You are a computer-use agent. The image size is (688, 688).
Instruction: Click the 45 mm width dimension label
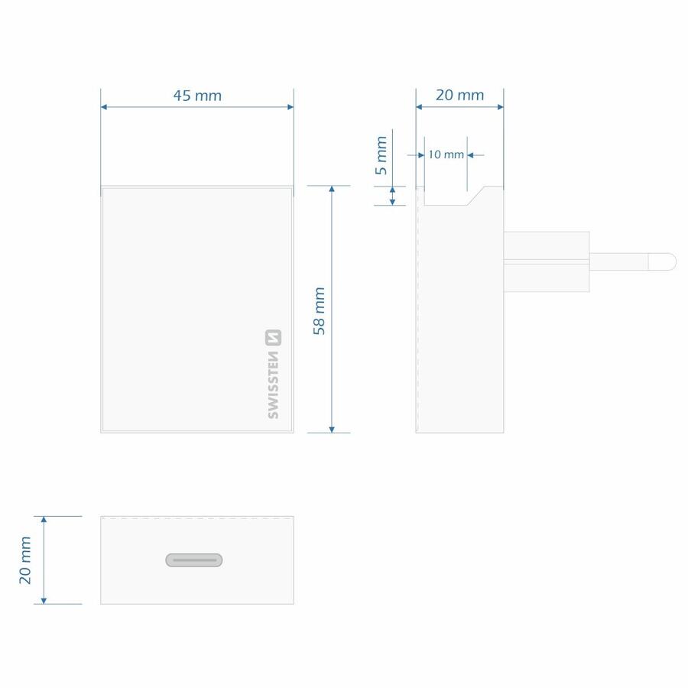tap(196, 96)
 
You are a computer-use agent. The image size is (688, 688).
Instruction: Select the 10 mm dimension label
tap(446, 154)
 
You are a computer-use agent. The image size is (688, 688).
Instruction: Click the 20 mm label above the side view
tap(459, 96)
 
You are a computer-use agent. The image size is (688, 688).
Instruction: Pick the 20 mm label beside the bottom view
tap(26, 560)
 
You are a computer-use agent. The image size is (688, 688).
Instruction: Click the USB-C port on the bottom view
tap(194, 560)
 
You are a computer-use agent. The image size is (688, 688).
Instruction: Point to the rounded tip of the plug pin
tap(668, 261)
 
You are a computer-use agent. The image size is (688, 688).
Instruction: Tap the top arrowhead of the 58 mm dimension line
tap(331, 190)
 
